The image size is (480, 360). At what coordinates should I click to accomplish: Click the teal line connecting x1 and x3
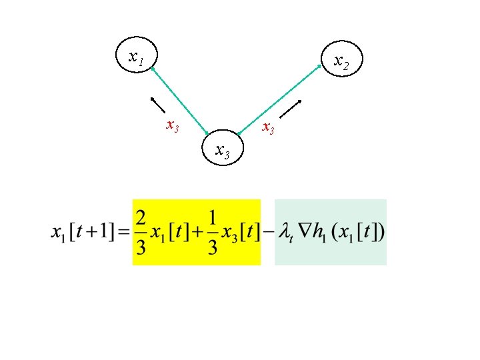point(180,101)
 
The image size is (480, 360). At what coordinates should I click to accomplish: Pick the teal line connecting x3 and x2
point(279,99)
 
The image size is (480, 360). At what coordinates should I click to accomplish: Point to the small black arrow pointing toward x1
point(157,105)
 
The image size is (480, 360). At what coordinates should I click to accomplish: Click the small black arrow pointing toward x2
point(291,109)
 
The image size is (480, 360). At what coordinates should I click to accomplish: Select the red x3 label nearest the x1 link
point(173,126)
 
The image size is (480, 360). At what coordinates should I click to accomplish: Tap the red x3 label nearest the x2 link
point(268,127)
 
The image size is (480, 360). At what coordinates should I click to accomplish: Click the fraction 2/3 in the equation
point(141,233)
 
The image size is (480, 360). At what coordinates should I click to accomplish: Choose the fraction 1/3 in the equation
point(213,233)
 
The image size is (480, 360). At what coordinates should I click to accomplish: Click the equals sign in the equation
point(124,232)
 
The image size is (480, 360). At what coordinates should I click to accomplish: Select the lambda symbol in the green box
point(285,233)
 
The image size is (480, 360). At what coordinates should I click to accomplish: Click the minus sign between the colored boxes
point(268,232)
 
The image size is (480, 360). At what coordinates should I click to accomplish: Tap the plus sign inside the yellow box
point(197,232)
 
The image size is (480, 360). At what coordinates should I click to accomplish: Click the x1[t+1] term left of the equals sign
point(83,232)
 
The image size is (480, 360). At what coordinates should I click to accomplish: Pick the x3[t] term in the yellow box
point(241,233)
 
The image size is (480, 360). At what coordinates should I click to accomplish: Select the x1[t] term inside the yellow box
point(169,233)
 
